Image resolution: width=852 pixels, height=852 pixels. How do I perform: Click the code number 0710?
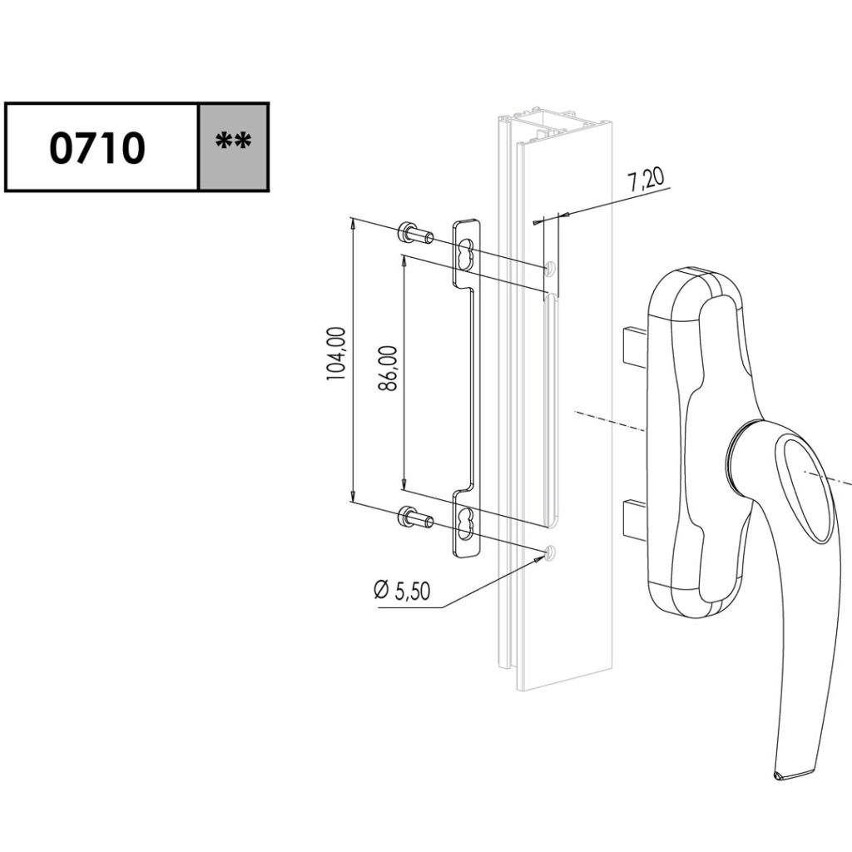(98, 147)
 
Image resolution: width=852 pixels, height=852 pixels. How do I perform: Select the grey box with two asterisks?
(234, 146)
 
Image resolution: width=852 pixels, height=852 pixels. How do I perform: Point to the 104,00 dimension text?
(336, 353)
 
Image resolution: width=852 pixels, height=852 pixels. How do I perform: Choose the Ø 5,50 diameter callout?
(402, 591)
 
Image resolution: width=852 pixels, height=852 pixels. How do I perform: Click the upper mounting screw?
(414, 234)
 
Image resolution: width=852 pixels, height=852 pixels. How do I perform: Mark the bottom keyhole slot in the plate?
(468, 523)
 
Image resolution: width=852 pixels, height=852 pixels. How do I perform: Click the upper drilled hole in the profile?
(550, 268)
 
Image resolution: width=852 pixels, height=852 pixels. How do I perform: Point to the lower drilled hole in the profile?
(550, 552)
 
